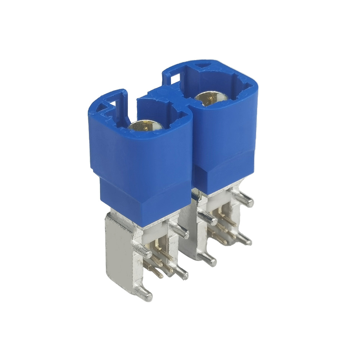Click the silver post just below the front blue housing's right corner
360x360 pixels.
[x=180, y=230]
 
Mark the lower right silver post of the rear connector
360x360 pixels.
[x=245, y=239]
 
